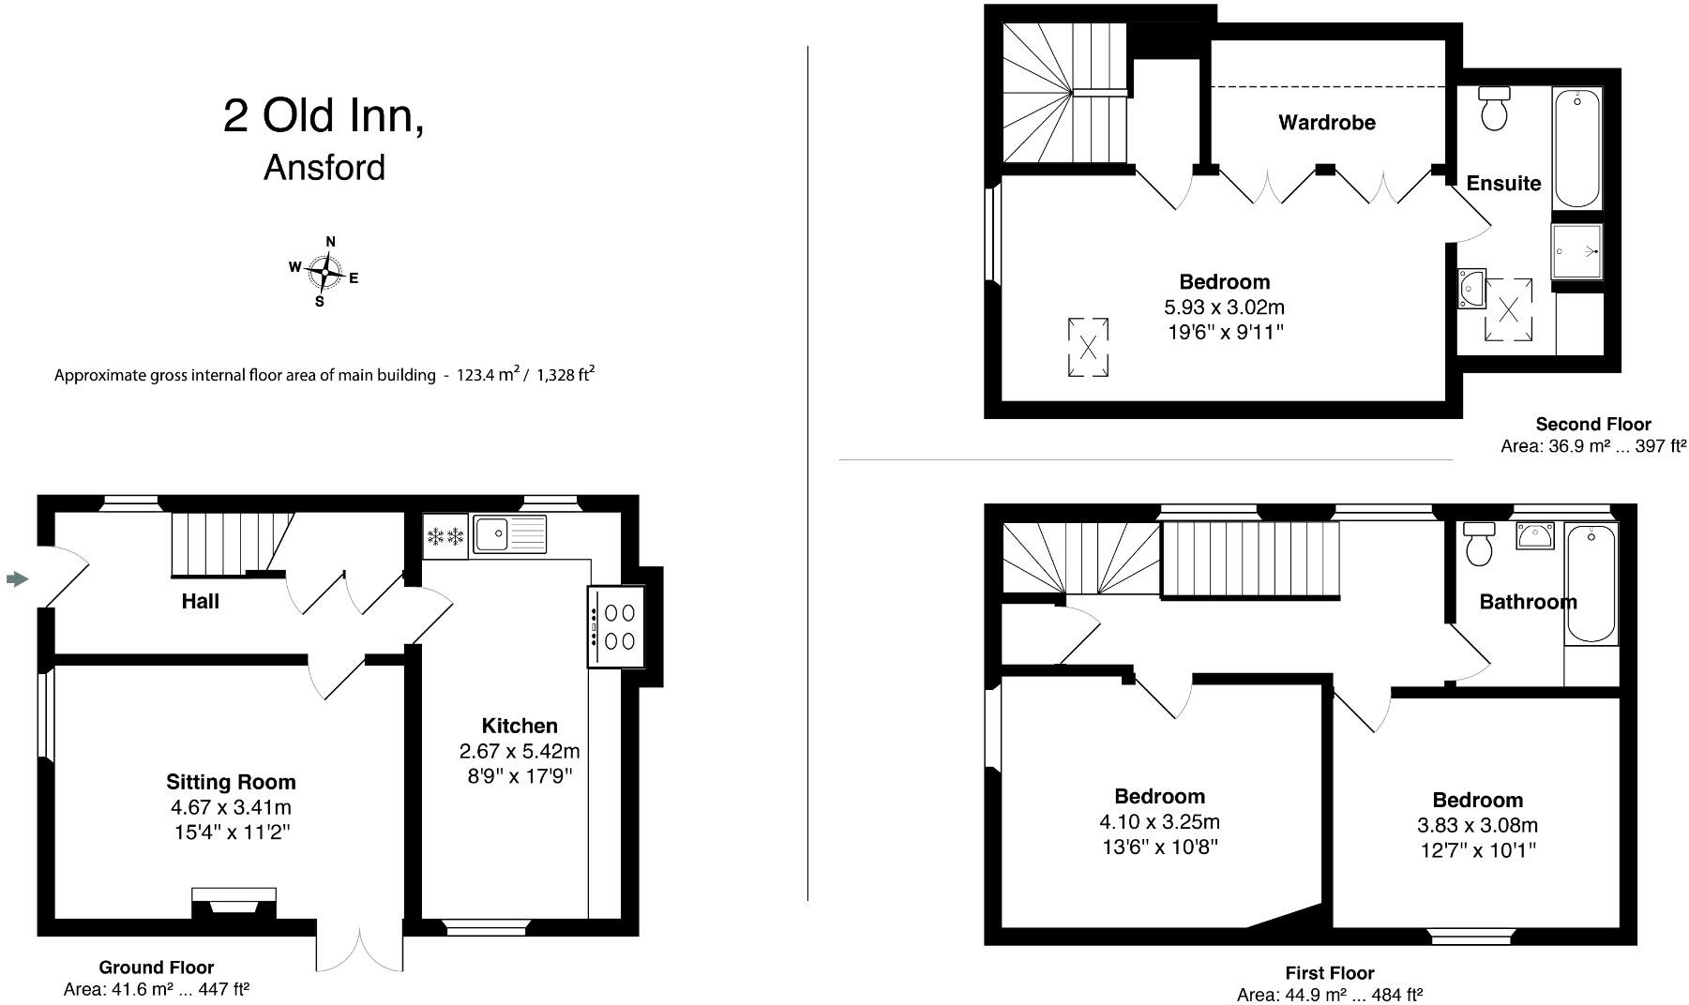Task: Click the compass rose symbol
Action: [324, 273]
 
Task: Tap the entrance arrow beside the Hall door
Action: [17, 579]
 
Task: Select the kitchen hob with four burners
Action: [616, 626]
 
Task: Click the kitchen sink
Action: [509, 534]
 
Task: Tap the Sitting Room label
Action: [231, 782]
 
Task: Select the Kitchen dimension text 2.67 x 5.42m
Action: [519, 751]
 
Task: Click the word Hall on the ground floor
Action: [200, 601]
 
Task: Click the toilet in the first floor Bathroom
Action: [1479, 544]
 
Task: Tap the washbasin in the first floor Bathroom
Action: [1535, 536]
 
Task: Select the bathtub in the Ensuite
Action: [1576, 147]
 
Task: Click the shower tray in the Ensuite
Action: [1576, 251]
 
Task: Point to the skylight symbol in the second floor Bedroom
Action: [1088, 348]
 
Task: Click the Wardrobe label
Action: [1326, 122]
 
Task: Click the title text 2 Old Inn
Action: [324, 116]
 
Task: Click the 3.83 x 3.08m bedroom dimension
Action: [1477, 825]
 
